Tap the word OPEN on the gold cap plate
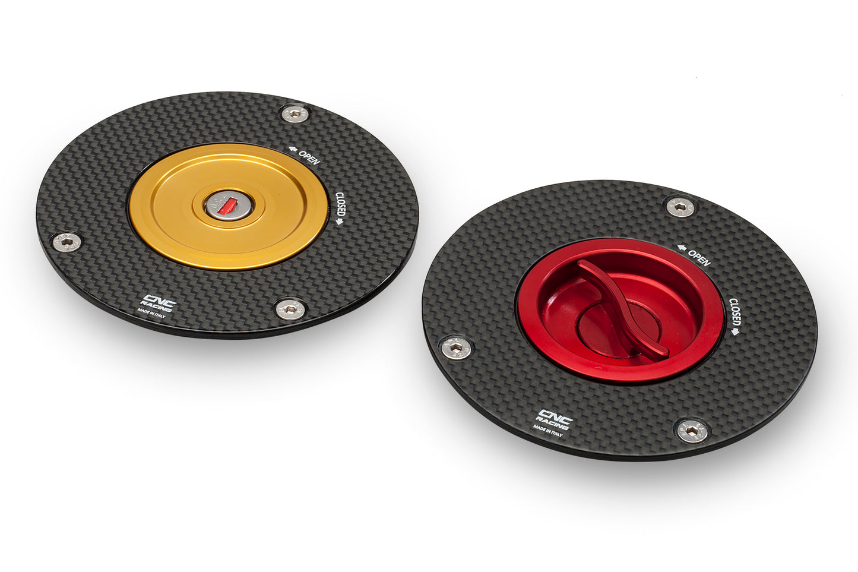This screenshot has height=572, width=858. click(x=309, y=157)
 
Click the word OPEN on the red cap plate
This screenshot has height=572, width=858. click(x=699, y=258)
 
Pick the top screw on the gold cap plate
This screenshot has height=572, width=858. click(x=295, y=114)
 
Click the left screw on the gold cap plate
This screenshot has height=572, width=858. click(x=67, y=241)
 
